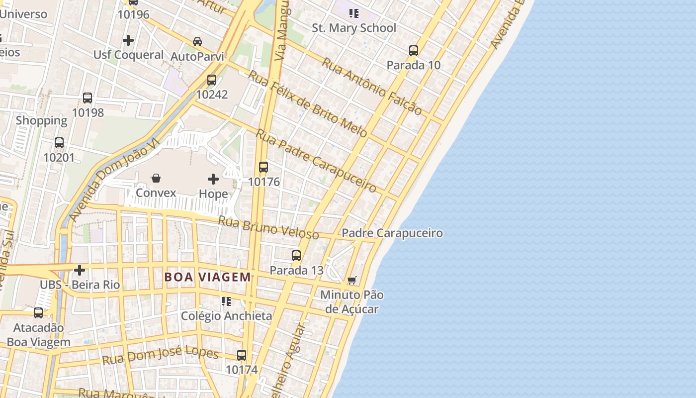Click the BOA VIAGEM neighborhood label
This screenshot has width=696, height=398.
(x=208, y=277)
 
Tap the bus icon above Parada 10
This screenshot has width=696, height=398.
(x=414, y=51)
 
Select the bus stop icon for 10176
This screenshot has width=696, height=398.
(x=263, y=167)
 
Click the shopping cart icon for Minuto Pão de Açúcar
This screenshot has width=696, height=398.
(x=352, y=280)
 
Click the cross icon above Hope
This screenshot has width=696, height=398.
(x=213, y=179)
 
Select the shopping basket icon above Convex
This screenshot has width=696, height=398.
(x=156, y=178)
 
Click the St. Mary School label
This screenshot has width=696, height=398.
(x=354, y=28)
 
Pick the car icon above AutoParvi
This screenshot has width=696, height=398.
(x=197, y=42)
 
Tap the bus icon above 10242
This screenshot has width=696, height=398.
(x=212, y=80)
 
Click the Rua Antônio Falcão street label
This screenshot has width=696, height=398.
(x=372, y=86)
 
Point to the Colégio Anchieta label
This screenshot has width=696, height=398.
(x=226, y=316)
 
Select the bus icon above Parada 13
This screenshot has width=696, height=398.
(x=296, y=256)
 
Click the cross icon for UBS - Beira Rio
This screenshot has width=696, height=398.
(x=80, y=270)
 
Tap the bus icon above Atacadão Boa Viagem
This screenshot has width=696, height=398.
(x=38, y=313)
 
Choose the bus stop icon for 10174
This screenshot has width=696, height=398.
(x=242, y=355)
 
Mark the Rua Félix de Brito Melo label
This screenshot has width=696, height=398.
(x=308, y=104)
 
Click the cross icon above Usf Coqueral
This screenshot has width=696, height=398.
(x=128, y=40)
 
